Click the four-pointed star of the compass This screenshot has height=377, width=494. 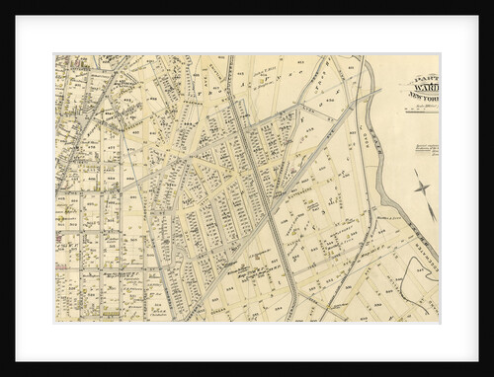pyautogui.click(x=422, y=186)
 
